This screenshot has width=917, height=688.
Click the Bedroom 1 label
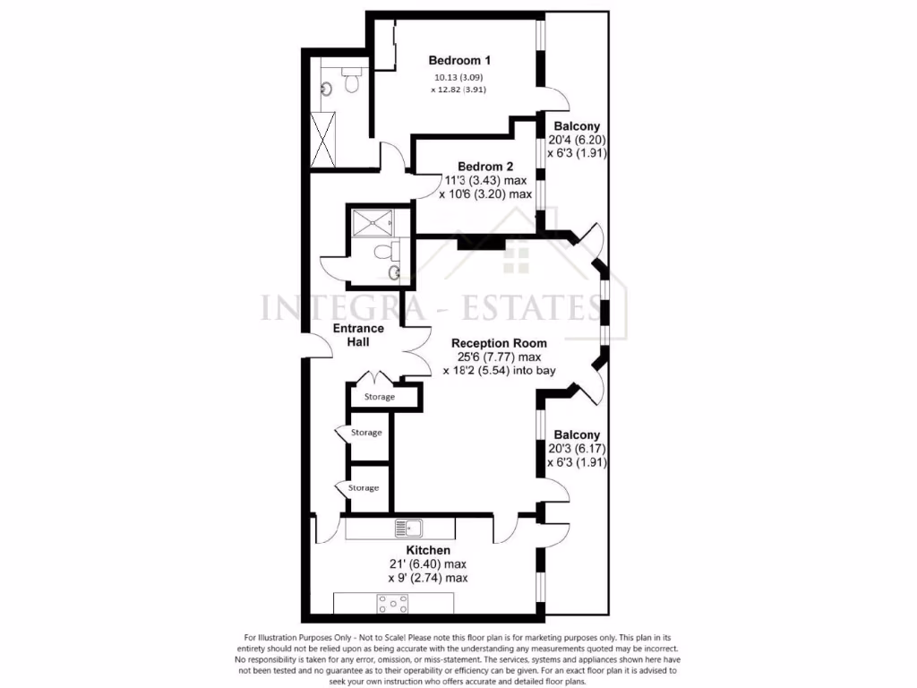pyautogui.click(x=459, y=61)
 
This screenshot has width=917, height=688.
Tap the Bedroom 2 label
pyautogui.click(x=484, y=167)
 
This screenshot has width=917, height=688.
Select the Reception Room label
pyautogui.click(x=499, y=343)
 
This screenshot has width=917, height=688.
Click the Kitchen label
pyautogui.click(x=428, y=550)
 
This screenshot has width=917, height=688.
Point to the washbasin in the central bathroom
pyautogui.click(x=394, y=271)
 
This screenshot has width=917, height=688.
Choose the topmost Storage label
pyautogui.click(x=379, y=396)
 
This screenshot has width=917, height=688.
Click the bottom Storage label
pyautogui.click(x=364, y=488)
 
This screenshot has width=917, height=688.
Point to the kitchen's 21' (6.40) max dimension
pyautogui.click(x=427, y=564)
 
